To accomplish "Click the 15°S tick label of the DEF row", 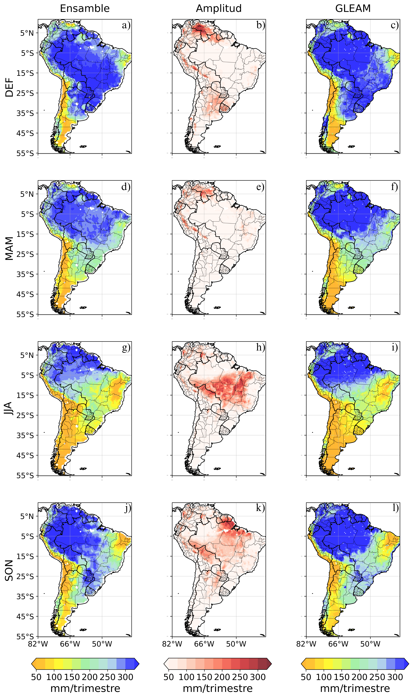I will tap(25, 73).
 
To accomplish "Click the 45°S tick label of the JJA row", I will tap(25, 455).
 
